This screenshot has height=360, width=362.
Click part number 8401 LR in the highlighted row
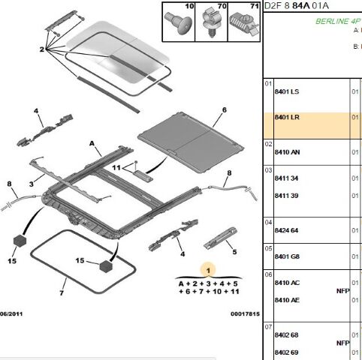[287, 117]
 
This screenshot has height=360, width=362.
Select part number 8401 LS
[287, 91]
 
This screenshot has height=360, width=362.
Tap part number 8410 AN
[287, 152]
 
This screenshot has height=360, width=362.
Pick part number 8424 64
[286, 230]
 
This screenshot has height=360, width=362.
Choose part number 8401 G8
[287, 256]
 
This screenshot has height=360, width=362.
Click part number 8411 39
[286, 196]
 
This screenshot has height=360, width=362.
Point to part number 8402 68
[286, 334]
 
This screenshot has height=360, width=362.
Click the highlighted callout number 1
[208, 270]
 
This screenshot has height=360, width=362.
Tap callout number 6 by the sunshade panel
[225, 109]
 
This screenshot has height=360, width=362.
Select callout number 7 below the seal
[62, 292]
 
